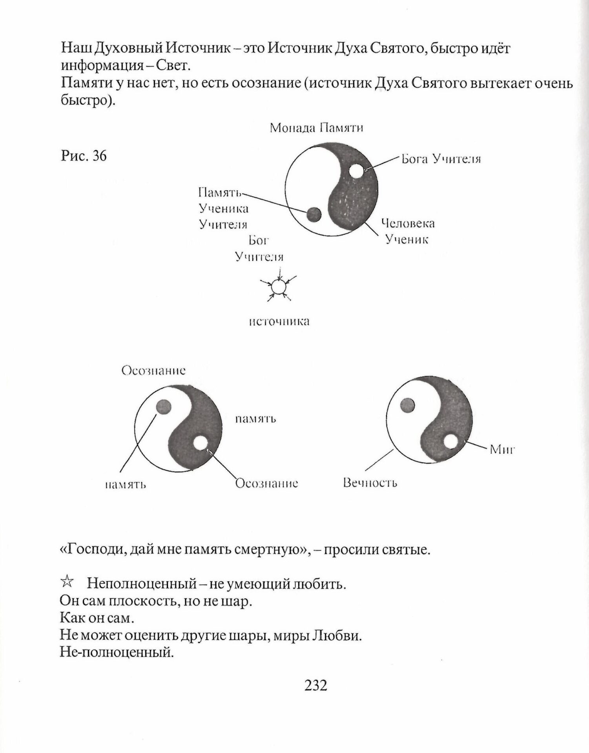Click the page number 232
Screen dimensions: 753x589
pyautogui.click(x=315, y=685)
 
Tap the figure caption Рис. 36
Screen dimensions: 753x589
pyautogui.click(x=84, y=156)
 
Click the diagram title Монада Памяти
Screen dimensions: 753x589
pyautogui.click(x=316, y=128)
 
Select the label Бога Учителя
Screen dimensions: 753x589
pyautogui.click(x=441, y=159)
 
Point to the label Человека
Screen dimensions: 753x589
pyautogui.click(x=408, y=224)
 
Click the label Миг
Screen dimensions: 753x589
pyautogui.click(x=502, y=449)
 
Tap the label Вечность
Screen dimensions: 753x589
pyautogui.click(x=370, y=482)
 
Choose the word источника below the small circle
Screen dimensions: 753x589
pyautogui.click(x=279, y=322)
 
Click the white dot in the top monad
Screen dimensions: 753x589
pyautogui.click(x=356, y=171)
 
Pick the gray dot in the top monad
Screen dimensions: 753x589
pyautogui.click(x=314, y=215)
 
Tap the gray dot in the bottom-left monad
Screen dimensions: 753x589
pyautogui.click(x=163, y=407)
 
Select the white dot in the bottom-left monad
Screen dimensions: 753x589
pyautogui.click(x=200, y=443)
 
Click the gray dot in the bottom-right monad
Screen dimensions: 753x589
pyautogui.click(x=407, y=405)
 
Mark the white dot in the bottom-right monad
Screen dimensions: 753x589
pyautogui.click(x=451, y=442)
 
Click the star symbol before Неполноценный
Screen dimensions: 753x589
pyautogui.click(x=67, y=582)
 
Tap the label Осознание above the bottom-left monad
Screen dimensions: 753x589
pyautogui.click(x=153, y=371)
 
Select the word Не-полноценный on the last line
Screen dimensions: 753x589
pyautogui.click(x=117, y=653)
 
